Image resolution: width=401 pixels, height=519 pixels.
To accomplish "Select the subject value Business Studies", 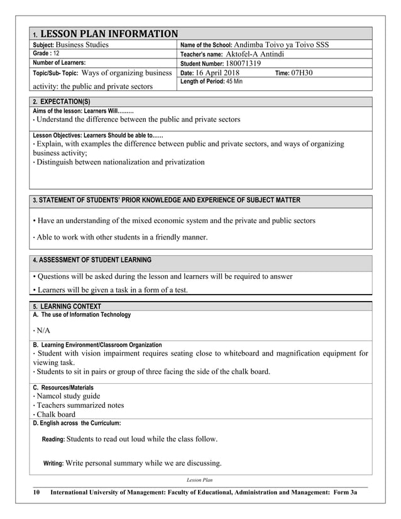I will pos(82,45).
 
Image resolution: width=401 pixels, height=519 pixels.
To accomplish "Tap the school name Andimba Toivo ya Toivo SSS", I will pos(280,45).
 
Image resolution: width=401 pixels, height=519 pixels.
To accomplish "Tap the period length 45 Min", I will pos(229,82).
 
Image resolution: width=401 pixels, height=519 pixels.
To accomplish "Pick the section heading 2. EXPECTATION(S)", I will pos(61,101).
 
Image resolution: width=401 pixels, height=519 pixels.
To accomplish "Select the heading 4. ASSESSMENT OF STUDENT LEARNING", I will pos(92,260).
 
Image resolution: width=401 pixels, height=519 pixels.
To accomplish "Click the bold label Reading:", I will pos(53,440).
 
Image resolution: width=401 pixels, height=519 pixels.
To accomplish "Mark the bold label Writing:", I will pos(53,464).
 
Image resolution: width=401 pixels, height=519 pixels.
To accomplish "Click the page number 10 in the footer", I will pos(37,494).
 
